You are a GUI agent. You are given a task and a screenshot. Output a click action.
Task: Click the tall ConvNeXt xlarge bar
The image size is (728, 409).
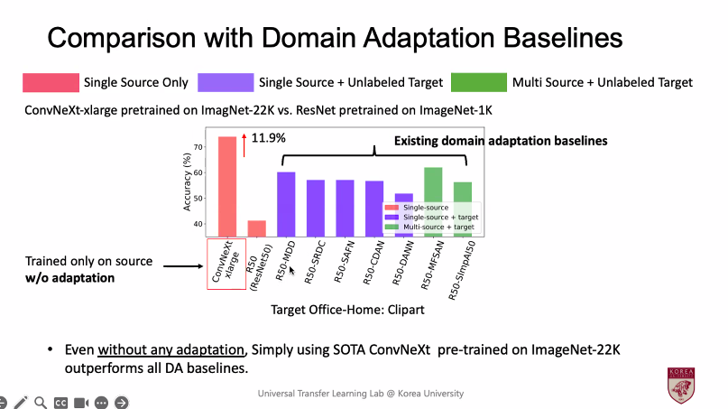click(227, 185)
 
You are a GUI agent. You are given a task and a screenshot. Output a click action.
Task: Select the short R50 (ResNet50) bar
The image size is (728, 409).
click(257, 227)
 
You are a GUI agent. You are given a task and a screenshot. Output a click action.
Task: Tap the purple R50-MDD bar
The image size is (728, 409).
click(286, 202)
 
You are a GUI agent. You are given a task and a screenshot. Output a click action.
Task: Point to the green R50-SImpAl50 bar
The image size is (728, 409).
click(463, 208)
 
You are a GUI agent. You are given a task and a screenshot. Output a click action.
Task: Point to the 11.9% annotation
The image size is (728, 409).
click(268, 138)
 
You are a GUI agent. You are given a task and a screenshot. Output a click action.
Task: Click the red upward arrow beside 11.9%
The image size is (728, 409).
click(244, 142)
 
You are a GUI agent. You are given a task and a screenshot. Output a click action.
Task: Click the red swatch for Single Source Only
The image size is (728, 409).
click(50, 82)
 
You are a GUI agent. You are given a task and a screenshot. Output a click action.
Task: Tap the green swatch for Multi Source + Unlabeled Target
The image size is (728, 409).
click(480, 82)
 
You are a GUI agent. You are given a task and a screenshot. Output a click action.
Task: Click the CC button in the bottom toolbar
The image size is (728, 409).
click(61, 403)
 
